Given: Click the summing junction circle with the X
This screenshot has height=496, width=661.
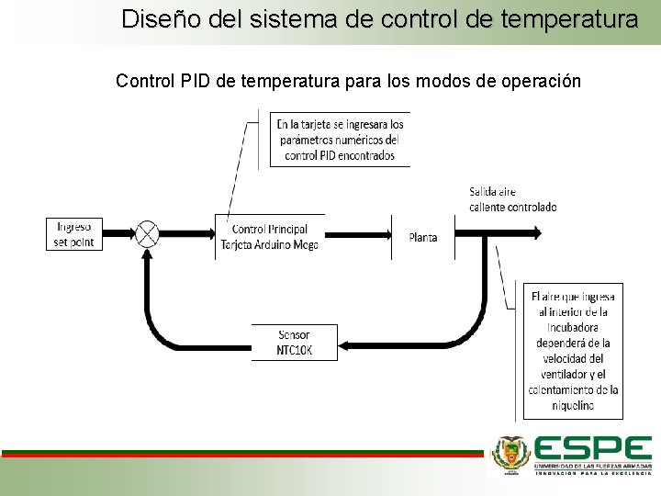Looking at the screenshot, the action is (147, 233).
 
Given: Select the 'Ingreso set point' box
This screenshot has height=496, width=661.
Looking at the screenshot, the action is (75, 233).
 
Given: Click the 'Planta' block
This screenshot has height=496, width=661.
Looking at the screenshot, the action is (423, 237).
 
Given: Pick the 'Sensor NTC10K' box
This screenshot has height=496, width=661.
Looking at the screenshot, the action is (294, 343).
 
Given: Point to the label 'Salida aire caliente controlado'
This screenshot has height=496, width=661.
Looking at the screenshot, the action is (512, 199).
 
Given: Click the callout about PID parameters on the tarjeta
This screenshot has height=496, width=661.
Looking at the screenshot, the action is (341, 140).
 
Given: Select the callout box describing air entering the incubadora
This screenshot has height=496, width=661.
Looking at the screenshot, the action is (573, 350).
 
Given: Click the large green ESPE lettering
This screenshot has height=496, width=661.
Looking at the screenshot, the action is (592, 449).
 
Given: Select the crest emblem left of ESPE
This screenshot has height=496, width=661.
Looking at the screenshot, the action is (510, 453).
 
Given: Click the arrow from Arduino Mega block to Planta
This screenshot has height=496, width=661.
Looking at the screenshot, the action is (358, 233).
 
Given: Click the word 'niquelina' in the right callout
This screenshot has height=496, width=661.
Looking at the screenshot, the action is (573, 405).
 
